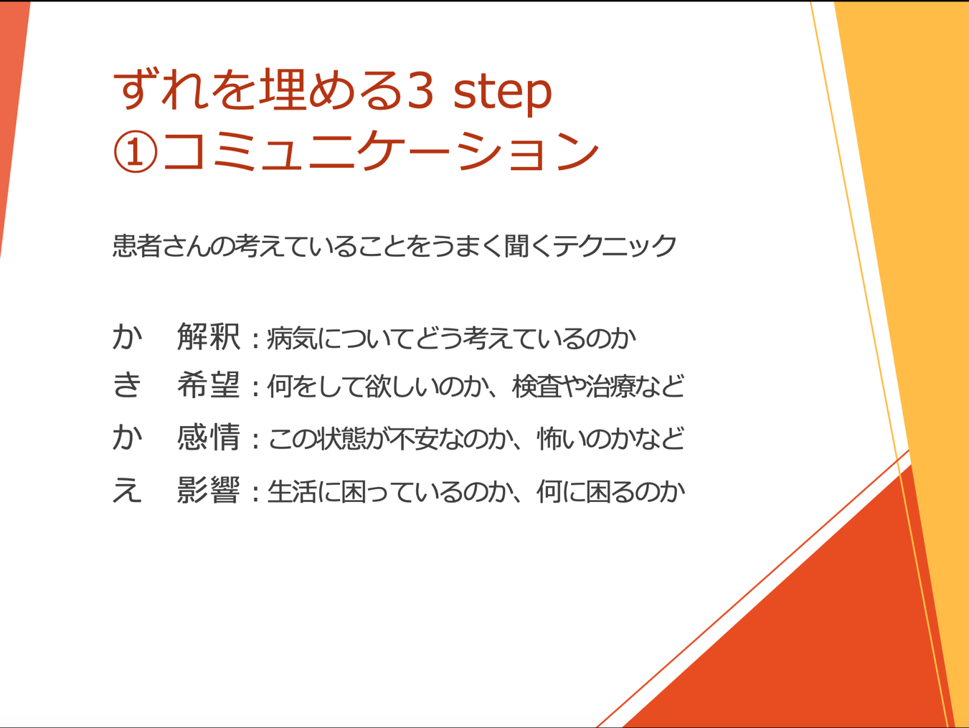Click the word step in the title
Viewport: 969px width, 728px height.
503,92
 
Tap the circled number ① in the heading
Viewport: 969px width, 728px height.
136,151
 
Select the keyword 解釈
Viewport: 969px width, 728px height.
209,337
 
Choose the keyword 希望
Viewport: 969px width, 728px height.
209,384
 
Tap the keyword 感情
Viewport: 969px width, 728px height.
209,437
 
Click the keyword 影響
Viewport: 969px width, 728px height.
209,490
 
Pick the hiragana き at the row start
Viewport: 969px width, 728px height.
127,384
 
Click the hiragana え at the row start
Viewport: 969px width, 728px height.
127,490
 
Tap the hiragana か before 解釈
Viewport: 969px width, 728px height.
127,337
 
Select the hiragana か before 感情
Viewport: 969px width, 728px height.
127,437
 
